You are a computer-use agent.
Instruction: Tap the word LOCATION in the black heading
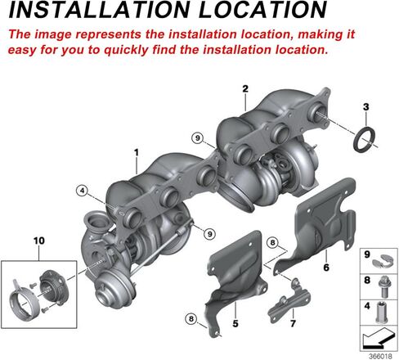click(x=262, y=9)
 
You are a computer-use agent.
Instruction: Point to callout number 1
click(x=137, y=152)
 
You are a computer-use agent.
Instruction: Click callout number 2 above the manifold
click(x=245, y=88)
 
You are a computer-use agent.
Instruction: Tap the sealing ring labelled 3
click(x=365, y=139)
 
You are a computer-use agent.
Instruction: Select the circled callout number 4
click(x=82, y=191)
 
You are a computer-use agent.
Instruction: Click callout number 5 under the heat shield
click(x=235, y=323)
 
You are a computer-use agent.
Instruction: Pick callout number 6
click(x=326, y=268)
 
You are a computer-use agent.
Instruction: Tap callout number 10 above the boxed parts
click(x=39, y=241)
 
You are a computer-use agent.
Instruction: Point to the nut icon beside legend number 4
click(x=381, y=313)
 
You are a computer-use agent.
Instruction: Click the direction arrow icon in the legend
click(x=379, y=339)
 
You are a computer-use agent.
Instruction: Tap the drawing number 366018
click(x=381, y=356)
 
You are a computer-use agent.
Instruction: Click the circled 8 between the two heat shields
click(x=273, y=242)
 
